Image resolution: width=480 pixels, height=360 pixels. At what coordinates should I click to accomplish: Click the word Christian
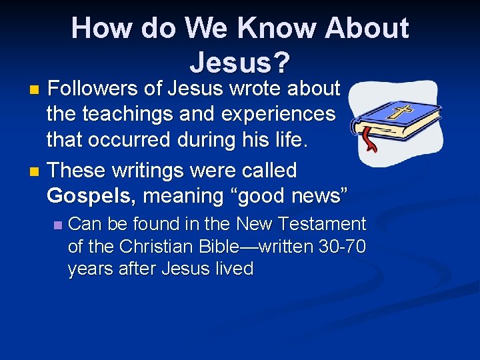(x=157, y=247)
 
